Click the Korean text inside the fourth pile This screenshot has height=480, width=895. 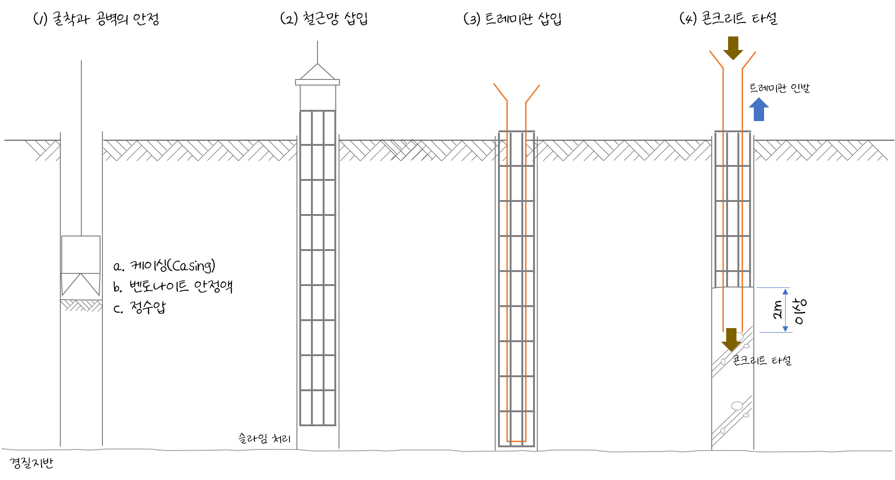pyautogui.click(x=743, y=360)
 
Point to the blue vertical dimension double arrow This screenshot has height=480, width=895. pyautogui.click(x=785, y=310)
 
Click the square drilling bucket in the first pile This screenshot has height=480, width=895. pyautogui.click(x=81, y=255)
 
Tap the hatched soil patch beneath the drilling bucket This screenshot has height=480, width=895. pyautogui.click(x=81, y=306)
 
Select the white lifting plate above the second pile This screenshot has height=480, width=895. pyautogui.click(x=318, y=82)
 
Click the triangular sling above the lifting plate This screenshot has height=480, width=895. pyautogui.click(x=318, y=72)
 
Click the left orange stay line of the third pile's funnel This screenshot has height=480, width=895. pyautogui.click(x=500, y=92)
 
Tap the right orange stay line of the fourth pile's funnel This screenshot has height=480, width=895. pyautogui.click(x=749, y=60)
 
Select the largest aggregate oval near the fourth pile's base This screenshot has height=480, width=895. pyautogui.click(x=737, y=406)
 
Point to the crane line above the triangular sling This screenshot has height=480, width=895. pyautogui.click(x=318, y=51)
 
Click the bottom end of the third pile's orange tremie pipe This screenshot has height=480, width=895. pyautogui.click(x=517, y=441)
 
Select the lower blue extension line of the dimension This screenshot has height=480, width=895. pyautogui.click(x=775, y=332)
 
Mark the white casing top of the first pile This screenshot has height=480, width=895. pyautogui.click(x=81, y=125)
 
